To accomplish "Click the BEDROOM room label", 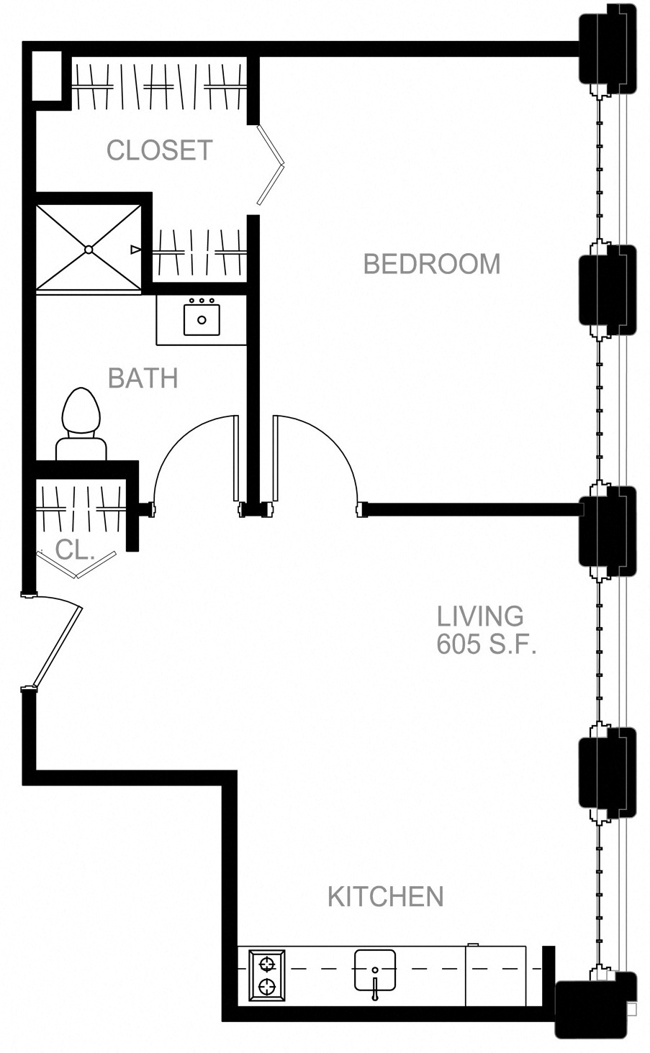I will (x=431, y=264).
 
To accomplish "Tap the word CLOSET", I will (x=159, y=150).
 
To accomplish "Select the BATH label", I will (x=143, y=378).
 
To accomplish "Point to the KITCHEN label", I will (x=385, y=897).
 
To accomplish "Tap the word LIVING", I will (x=480, y=616).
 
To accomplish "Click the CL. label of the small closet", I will (x=75, y=551).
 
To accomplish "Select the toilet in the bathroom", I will (x=80, y=424).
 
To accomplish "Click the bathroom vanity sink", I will (x=202, y=319).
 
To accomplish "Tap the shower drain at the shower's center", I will (x=89, y=250).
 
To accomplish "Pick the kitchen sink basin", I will (x=374, y=970).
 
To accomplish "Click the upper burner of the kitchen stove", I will (x=267, y=964).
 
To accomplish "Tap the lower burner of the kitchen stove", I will (x=267, y=988).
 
